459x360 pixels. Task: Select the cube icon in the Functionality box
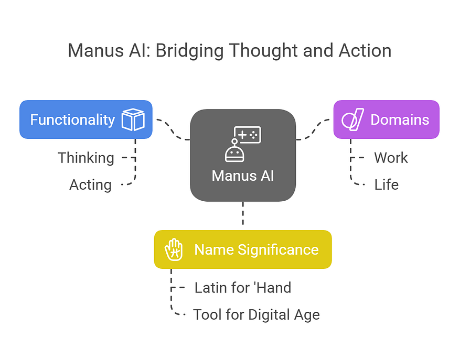pyautogui.click(x=133, y=119)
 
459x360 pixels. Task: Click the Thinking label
pyautogui.click(x=86, y=158)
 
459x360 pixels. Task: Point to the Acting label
pyautogui.click(x=90, y=185)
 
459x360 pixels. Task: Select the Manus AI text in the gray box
pyautogui.click(x=242, y=176)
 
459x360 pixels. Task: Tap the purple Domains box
pyautogui.click(x=386, y=119)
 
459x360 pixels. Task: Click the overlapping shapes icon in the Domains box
pyautogui.click(x=353, y=119)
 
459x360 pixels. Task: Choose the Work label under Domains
pyautogui.click(x=391, y=158)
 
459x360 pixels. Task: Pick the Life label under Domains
pyautogui.click(x=386, y=185)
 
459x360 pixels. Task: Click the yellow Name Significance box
pyautogui.click(x=242, y=249)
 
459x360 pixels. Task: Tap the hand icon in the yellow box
pyautogui.click(x=174, y=249)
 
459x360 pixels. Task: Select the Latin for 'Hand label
pyautogui.click(x=242, y=288)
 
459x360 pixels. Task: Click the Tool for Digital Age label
pyautogui.click(x=256, y=315)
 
